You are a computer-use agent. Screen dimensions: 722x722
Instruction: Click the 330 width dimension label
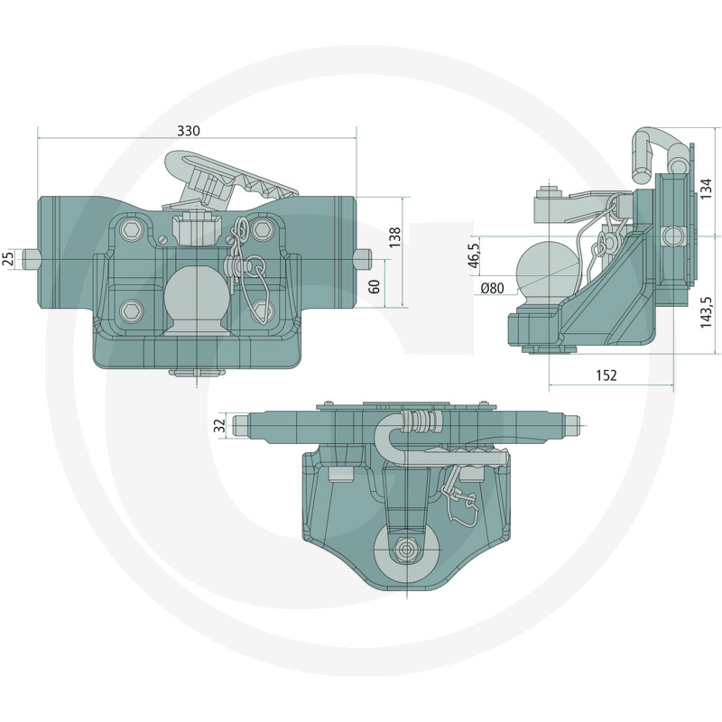[x=189, y=131]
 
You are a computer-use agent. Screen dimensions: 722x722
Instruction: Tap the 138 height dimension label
[x=395, y=237]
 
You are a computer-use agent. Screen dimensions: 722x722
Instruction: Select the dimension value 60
[x=375, y=286]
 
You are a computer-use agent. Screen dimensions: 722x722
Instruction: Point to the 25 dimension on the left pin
[x=8, y=259]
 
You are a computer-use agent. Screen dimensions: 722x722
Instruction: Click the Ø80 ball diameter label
[x=492, y=289]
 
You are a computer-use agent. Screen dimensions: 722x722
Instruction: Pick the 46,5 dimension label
[x=474, y=255]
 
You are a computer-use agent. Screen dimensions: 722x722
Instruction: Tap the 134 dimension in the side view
[x=706, y=189]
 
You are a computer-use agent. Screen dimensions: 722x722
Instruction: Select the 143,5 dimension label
[x=707, y=312]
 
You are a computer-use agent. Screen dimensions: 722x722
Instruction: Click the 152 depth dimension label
[x=606, y=375]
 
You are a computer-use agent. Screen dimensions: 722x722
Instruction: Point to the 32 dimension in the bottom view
[x=221, y=424]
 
